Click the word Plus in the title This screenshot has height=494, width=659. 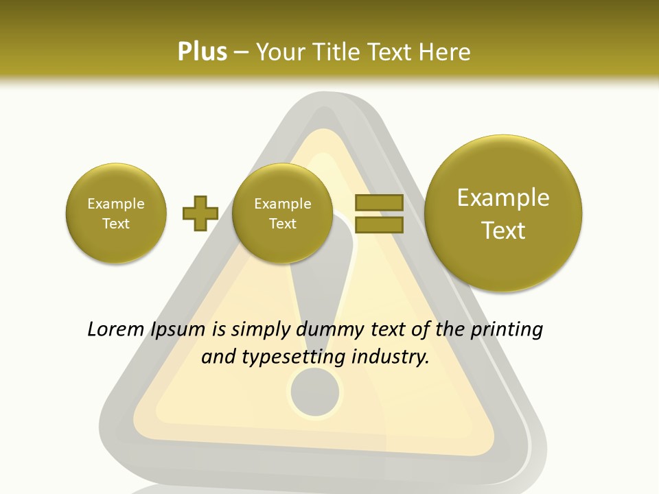[202, 52]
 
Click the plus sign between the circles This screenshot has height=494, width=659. [200, 213]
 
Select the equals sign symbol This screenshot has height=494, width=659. [378, 213]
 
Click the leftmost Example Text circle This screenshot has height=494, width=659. [116, 213]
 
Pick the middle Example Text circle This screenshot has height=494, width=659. [282, 213]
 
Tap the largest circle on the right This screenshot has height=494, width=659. [503, 213]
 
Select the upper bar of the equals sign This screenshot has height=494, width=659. [378, 202]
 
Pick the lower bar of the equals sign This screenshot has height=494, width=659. [378, 224]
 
